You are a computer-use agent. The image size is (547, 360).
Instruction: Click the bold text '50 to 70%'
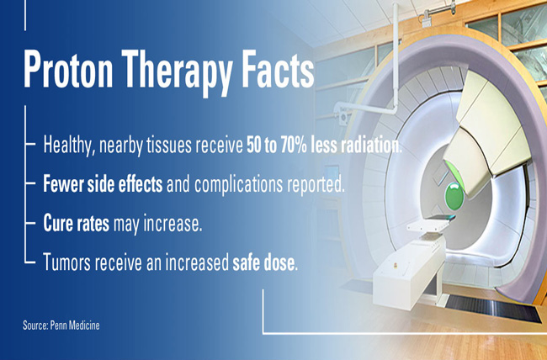pos(277,146)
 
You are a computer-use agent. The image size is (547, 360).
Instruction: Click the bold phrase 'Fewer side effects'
pos(103,184)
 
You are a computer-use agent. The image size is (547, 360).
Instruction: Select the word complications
pos(238,185)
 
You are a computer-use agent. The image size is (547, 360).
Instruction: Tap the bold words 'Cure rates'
pos(76,223)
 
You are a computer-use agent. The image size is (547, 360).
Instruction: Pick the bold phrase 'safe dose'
pos(263,262)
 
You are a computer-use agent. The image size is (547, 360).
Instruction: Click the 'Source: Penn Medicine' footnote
pos(61,326)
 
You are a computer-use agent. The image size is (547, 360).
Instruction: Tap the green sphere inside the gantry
pos(454,196)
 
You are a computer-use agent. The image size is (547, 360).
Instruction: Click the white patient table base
pos(408,274)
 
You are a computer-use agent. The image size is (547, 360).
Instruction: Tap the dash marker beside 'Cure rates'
pos(30,222)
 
